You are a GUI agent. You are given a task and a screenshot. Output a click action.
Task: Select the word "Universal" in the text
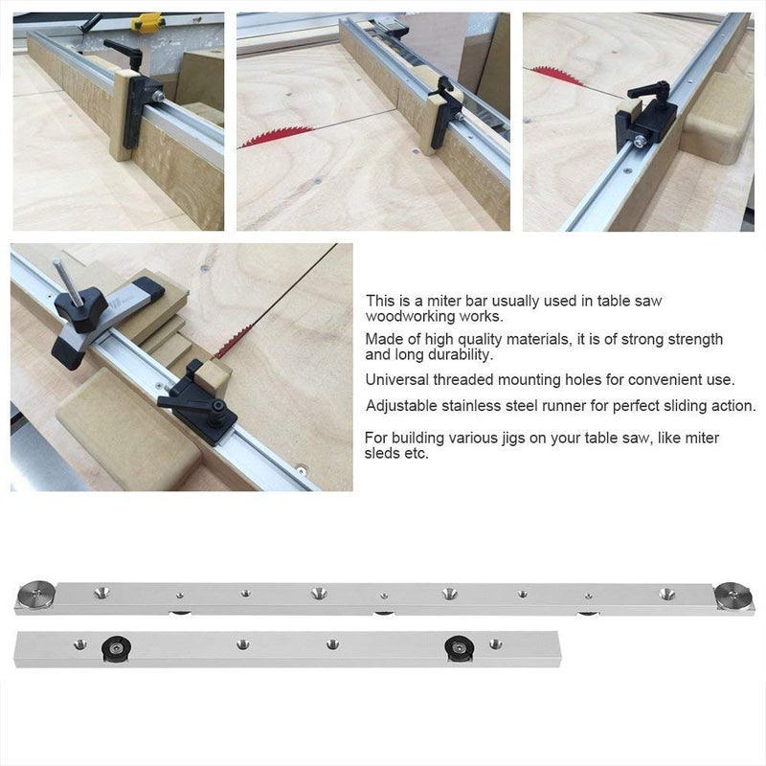(394, 380)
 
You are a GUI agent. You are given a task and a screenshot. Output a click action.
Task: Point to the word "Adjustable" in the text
(398, 405)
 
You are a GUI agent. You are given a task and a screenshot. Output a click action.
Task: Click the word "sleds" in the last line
(383, 454)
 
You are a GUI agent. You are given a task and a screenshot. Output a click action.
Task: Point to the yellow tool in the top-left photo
(147, 20)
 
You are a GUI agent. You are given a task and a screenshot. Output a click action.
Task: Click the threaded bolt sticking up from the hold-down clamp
(63, 279)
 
